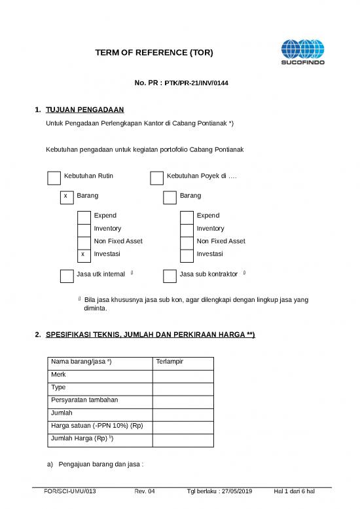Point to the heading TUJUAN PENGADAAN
click(x=85, y=109)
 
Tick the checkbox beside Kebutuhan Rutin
click(x=54, y=178)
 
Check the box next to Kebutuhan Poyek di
click(x=156, y=178)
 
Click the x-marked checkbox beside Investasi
click(x=83, y=254)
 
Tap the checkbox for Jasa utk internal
click(x=66, y=276)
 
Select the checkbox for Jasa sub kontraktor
click(x=170, y=276)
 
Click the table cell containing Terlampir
click(x=183, y=362)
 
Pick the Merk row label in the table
click(x=58, y=375)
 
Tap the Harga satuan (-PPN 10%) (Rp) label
click(x=96, y=426)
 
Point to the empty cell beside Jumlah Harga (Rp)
click(x=183, y=439)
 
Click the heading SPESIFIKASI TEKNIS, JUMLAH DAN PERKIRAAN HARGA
click(x=150, y=335)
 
